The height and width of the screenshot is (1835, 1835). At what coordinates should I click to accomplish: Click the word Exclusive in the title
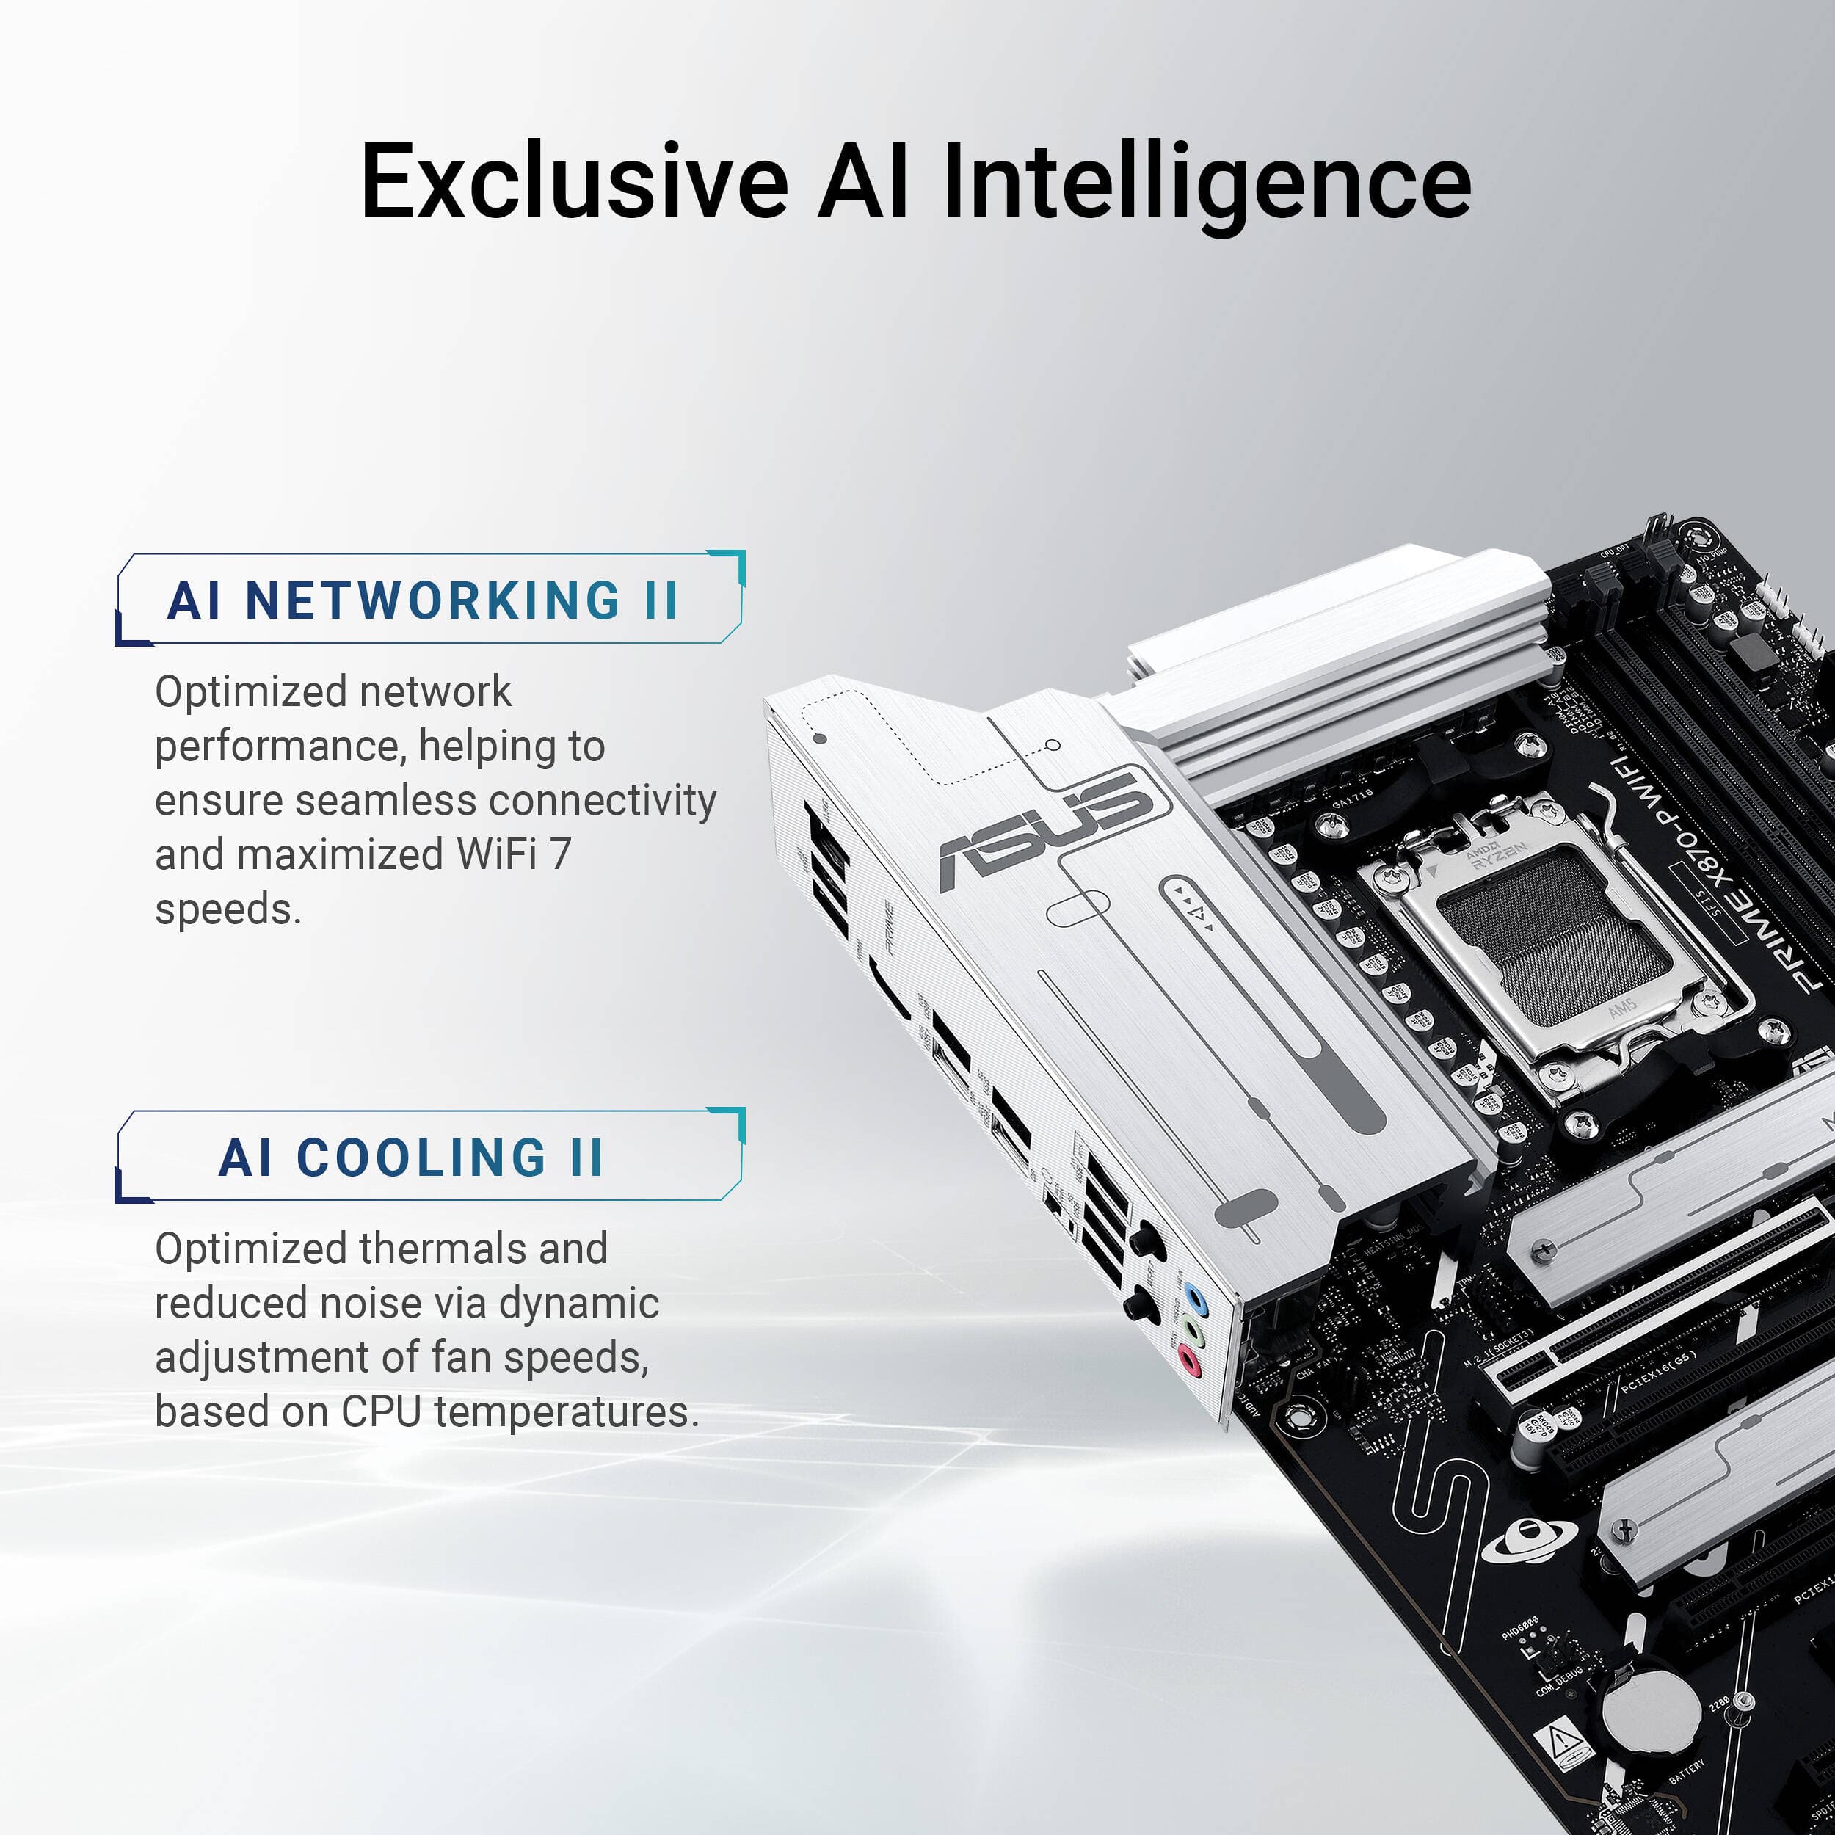point(574,181)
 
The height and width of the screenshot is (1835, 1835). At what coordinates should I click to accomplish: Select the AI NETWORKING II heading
point(424,600)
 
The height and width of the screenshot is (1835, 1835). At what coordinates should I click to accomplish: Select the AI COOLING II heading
point(410,1158)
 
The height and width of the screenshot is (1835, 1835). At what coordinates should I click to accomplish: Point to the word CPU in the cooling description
point(381,1411)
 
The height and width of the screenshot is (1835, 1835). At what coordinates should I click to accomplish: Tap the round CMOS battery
point(1650,1710)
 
